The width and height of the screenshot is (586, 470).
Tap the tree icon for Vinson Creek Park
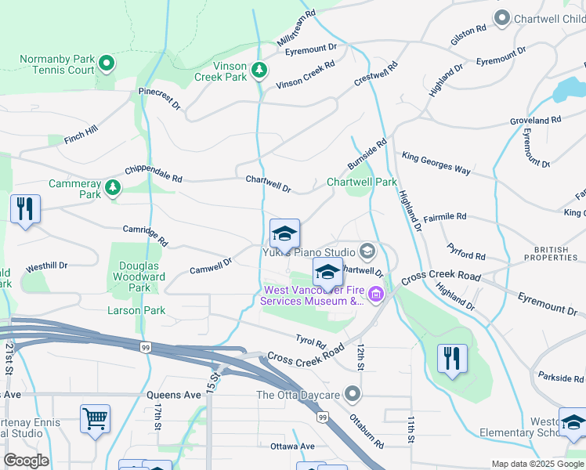click(x=259, y=71)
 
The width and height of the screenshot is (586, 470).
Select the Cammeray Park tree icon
click(x=114, y=187)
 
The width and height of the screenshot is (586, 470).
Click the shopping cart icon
click(x=95, y=418)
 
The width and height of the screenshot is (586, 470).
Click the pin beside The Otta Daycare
click(x=354, y=393)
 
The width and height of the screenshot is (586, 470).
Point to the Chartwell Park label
click(x=361, y=182)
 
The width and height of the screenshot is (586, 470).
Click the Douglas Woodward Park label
click(x=139, y=277)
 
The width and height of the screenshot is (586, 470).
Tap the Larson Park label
click(x=136, y=310)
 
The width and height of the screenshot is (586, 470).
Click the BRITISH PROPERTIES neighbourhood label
click(x=555, y=253)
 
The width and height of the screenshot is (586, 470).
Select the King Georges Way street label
click(x=436, y=164)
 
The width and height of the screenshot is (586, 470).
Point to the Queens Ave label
click(x=174, y=396)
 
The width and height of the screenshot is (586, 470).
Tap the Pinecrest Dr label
click(x=160, y=97)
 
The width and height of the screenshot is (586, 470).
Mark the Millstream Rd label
click(x=296, y=27)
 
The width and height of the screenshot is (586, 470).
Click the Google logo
click(x=25, y=461)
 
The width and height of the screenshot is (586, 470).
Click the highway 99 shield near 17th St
click(x=145, y=345)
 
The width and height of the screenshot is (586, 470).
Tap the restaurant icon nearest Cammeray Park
click(x=25, y=208)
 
